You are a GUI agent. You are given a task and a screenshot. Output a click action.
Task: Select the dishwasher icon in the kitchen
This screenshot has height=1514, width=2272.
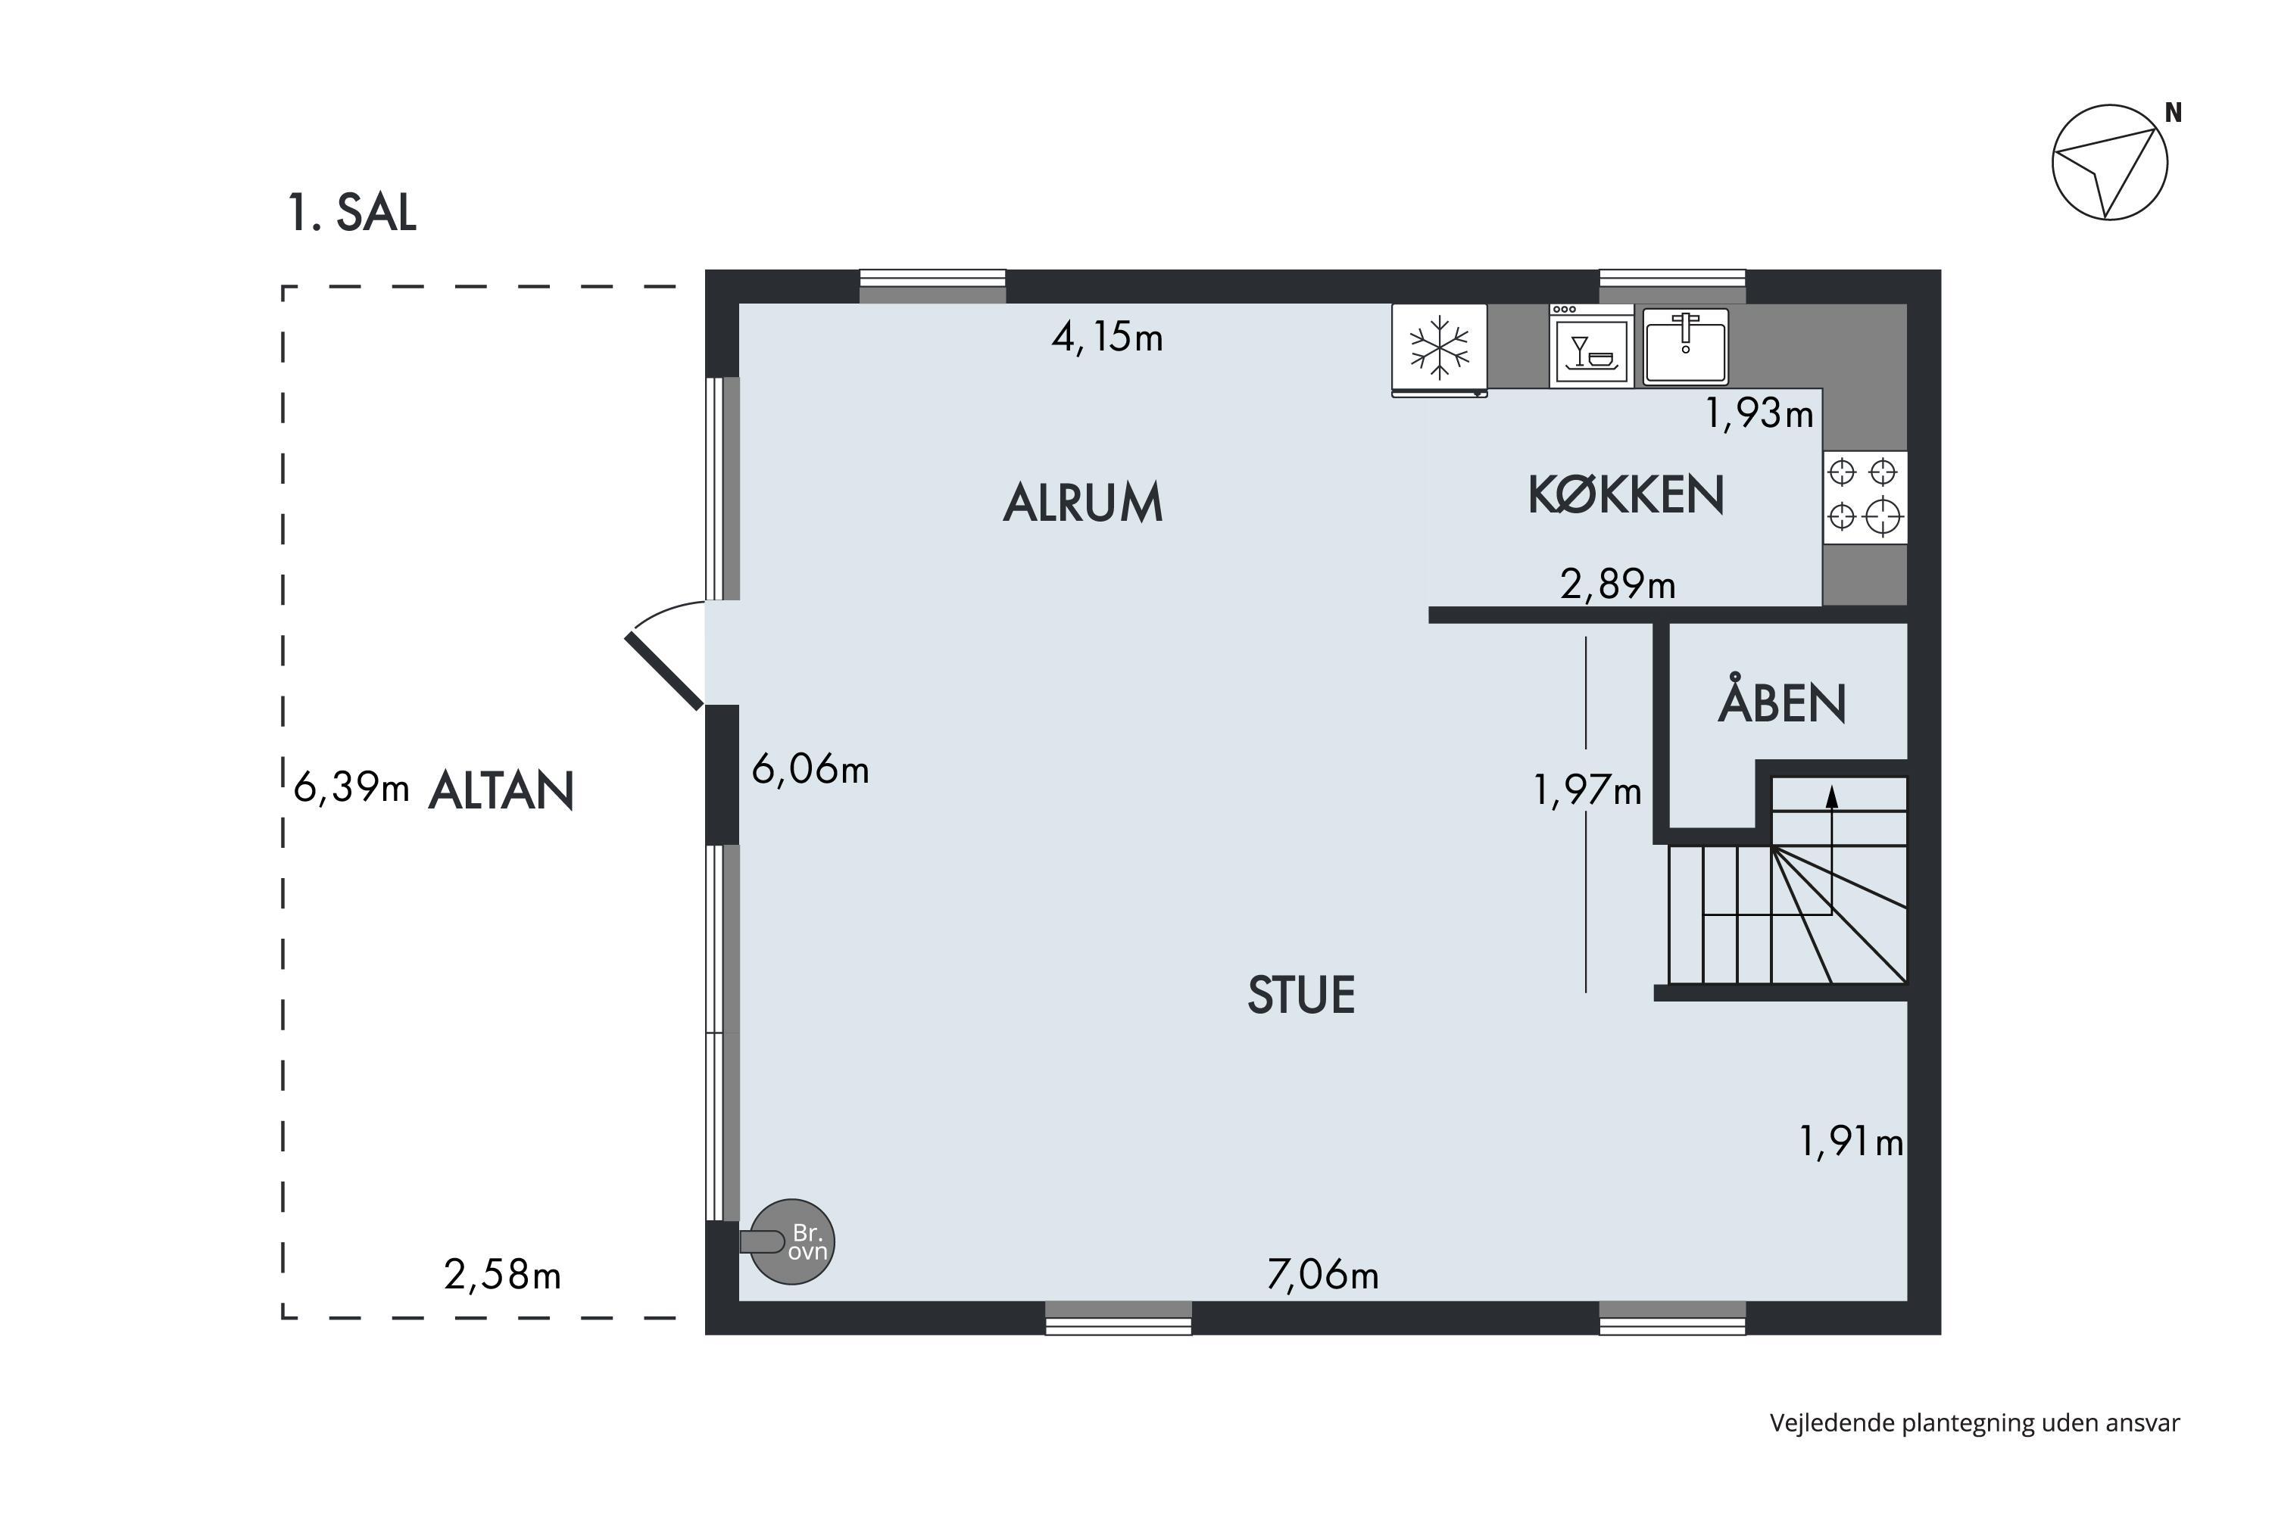pyautogui.click(x=1592, y=346)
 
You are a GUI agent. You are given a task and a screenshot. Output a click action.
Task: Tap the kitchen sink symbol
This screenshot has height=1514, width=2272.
pyautogui.click(x=1686, y=346)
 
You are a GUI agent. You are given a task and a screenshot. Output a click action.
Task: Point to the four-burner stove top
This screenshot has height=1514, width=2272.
pyautogui.click(x=1865, y=497)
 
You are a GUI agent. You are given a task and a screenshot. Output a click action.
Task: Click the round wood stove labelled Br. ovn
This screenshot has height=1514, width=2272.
pyautogui.click(x=793, y=1241)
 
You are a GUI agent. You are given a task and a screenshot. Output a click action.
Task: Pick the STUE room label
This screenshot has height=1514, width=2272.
pyautogui.click(x=1301, y=995)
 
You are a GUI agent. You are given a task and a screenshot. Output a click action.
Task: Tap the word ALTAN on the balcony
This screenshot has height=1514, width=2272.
pyautogui.click(x=501, y=791)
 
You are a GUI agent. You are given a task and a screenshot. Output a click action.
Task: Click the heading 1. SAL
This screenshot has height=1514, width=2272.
pyautogui.click(x=351, y=213)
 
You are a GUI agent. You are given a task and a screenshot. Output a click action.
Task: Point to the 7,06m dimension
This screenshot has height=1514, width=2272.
pyautogui.click(x=1322, y=1275)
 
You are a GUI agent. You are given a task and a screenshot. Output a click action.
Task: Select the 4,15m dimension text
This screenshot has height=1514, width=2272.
pyautogui.click(x=1107, y=337)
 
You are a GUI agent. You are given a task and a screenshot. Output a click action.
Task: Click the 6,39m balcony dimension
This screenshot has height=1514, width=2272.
pyautogui.click(x=351, y=787)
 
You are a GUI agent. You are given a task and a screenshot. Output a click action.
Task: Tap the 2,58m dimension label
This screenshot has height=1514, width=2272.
pyautogui.click(x=502, y=1275)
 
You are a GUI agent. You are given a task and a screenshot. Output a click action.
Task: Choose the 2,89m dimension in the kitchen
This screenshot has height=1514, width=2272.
pyautogui.click(x=1618, y=584)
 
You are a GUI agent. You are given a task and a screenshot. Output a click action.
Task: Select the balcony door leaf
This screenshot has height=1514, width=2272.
pyautogui.click(x=665, y=671)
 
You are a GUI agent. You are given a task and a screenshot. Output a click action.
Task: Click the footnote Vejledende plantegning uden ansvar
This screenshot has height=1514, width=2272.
pyautogui.click(x=1974, y=1422)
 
